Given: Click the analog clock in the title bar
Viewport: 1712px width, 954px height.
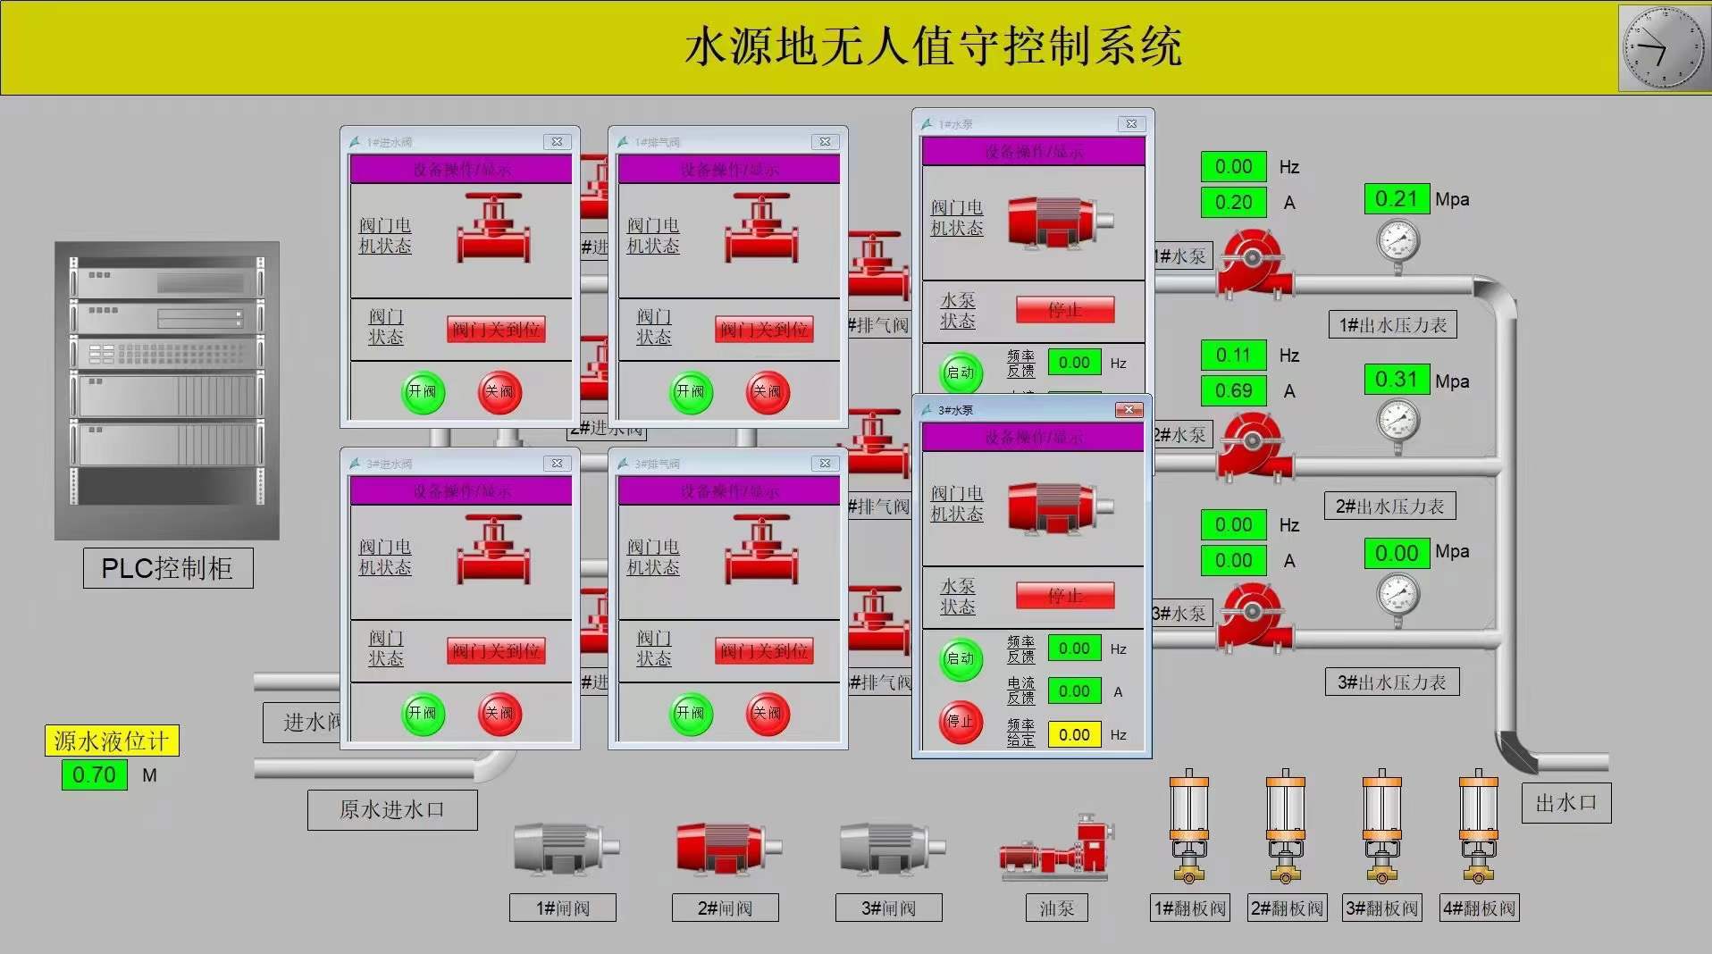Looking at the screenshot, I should [x=1664, y=47].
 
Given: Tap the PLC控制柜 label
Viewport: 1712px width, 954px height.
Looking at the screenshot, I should [x=168, y=568].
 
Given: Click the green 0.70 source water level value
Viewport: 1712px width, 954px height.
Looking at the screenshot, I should [x=94, y=774].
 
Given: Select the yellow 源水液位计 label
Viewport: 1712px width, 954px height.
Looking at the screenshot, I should [x=112, y=741].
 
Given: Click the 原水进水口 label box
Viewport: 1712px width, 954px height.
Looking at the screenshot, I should [x=392, y=810].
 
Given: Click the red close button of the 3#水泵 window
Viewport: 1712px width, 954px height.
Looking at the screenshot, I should [x=1129, y=410].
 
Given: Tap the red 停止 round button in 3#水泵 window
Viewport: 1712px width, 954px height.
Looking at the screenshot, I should [x=961, y=722].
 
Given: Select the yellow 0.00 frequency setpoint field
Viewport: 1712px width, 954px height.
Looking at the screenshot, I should [x=1074, y=734].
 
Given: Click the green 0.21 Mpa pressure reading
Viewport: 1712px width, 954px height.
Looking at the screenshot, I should [x=1397, y=199].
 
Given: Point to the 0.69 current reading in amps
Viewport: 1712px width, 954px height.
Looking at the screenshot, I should [x=1234, y=390].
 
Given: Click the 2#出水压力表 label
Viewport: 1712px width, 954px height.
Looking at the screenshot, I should [x=1389, y=506].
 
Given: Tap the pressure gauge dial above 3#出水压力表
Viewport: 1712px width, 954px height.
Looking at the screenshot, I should [x=1398, y=593].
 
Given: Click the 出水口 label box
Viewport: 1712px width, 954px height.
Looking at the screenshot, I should [x=1566, y=803].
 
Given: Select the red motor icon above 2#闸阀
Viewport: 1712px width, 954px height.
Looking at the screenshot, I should [x=725, y=846].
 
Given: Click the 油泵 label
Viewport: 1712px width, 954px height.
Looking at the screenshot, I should [x=1057, y=908].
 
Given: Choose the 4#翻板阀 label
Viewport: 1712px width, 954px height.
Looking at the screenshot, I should [x=1480, y=908].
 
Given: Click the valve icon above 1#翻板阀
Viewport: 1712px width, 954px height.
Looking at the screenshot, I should [x=1189, y=826].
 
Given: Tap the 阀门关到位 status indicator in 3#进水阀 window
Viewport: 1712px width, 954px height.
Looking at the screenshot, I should [x=496, y=651].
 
